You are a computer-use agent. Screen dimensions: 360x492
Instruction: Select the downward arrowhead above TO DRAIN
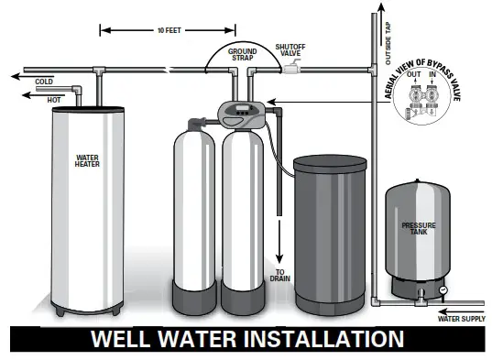[279, 256]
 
